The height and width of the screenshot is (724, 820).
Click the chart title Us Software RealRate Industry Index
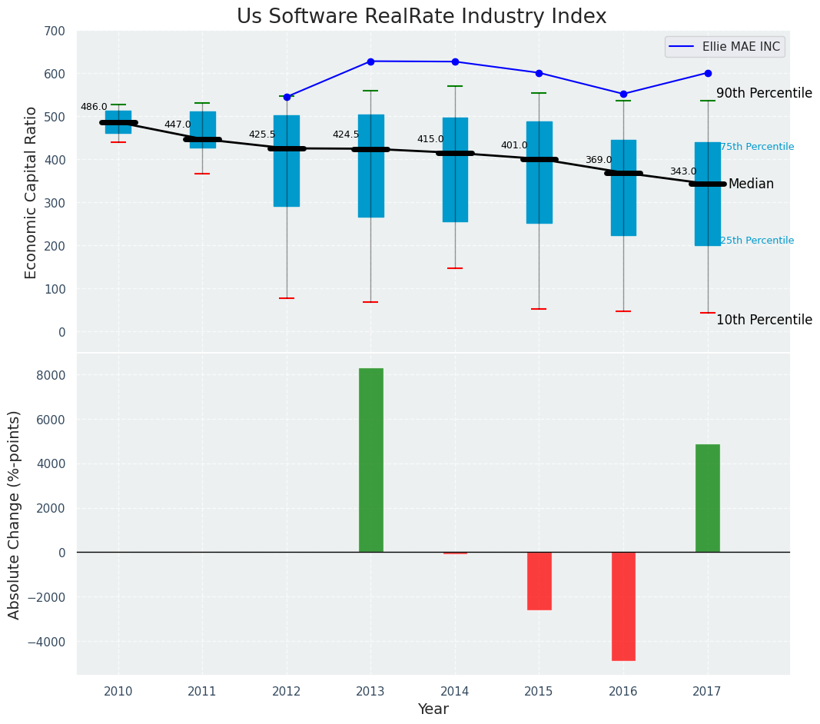click(x=421, y=17)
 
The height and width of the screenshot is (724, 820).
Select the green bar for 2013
click(x=371, y=460)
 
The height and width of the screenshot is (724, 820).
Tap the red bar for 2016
click(x=623, y=606)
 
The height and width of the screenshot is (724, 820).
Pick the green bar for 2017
click(x=708, y=498)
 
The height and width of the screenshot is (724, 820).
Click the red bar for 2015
click(x=539, y=580)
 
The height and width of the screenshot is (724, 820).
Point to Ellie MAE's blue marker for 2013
click(x=370, y=61)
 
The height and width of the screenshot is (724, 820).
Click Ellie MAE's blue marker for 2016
click(x=623, y=94)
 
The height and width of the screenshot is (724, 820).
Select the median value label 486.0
click(x=94, y=107)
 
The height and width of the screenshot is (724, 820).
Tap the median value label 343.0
click(x=682, y=171)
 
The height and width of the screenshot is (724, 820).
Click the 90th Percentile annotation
click(x=764, y=94)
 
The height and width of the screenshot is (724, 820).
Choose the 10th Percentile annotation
click(x=764, y=320)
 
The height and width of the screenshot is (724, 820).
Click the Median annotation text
click(x=751, y=184)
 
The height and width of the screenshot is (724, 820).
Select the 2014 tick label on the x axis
click(x=455, y=691)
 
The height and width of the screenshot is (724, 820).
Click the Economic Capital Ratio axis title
click(x=32, y=192)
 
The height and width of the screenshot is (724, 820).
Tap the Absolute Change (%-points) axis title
click(x=15, y=514)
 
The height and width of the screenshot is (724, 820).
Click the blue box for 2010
click(x=118, y=122)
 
